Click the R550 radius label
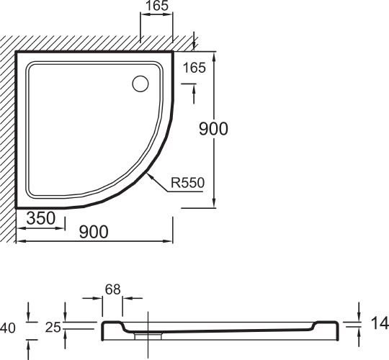(x=187, y=183)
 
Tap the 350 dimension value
(x=42, y=218)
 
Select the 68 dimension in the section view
(x=112, y=289)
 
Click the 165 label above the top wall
(x=156, y=7)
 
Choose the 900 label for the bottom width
(x=94, y=231)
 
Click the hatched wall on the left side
(x=8, y=130)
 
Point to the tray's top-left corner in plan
(x=17, y=53)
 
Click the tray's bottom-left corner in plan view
(x=17, y=205)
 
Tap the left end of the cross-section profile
(x=102, y=331)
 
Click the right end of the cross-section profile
(x=337, y=331)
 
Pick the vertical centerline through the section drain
(x=148, y=317)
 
